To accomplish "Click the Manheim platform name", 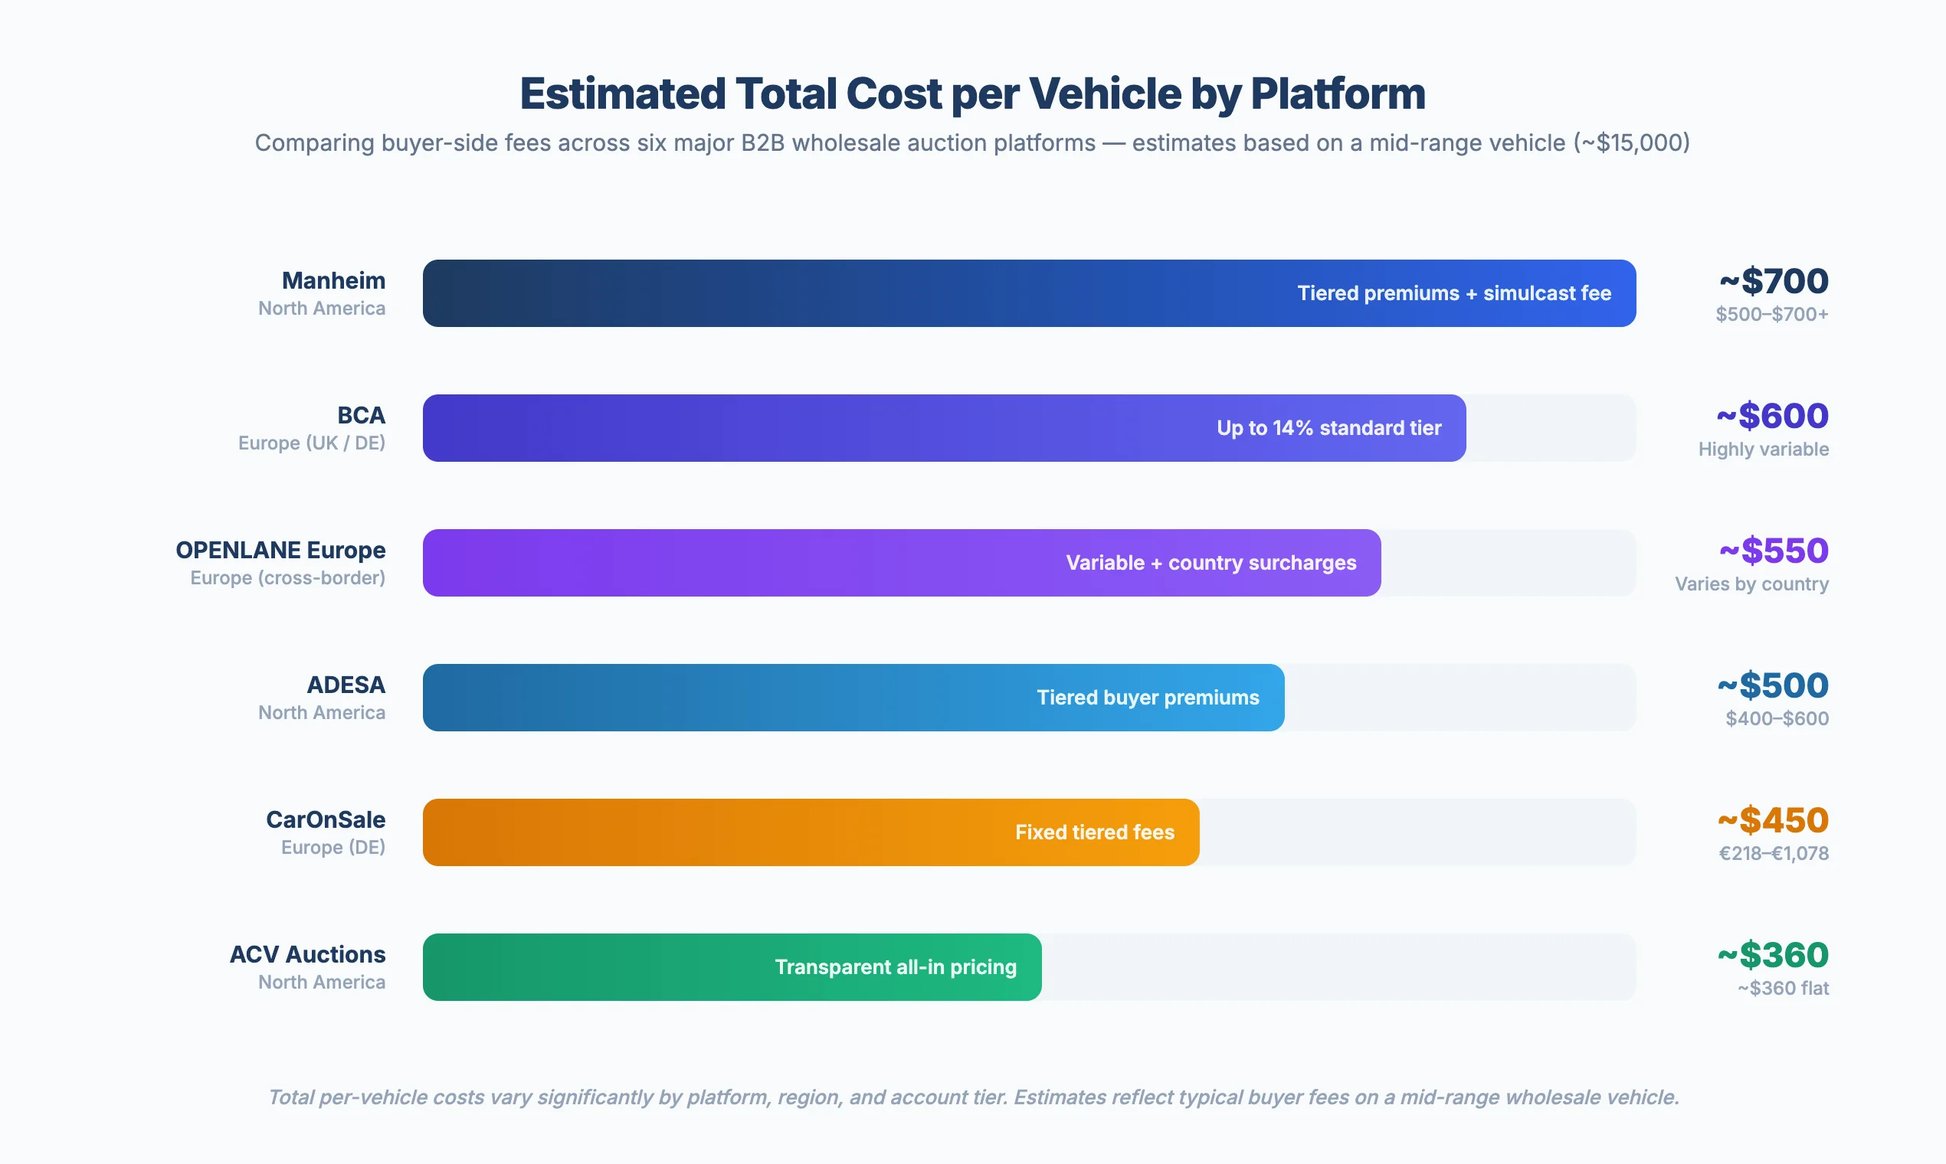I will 333,280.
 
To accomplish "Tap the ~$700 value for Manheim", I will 1774,281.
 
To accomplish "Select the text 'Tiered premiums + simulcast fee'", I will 1453,293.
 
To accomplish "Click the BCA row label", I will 361,415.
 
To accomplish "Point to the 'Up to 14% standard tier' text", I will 1328,428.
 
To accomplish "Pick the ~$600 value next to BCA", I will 1772,416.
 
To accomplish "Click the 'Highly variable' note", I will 1762,450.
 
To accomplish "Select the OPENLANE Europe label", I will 280,550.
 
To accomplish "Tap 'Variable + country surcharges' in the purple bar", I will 1211,563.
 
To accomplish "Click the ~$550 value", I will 1774,551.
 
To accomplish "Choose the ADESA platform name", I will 346,685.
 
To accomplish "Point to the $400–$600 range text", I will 1777,718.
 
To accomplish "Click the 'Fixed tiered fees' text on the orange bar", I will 1094,832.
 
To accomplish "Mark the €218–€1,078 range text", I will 1774,853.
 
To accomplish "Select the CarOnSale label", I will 325,819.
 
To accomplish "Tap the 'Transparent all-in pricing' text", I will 896,967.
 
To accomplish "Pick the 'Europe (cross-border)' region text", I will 287,578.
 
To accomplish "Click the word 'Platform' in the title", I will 1337,94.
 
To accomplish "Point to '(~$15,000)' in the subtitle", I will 1630,142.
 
